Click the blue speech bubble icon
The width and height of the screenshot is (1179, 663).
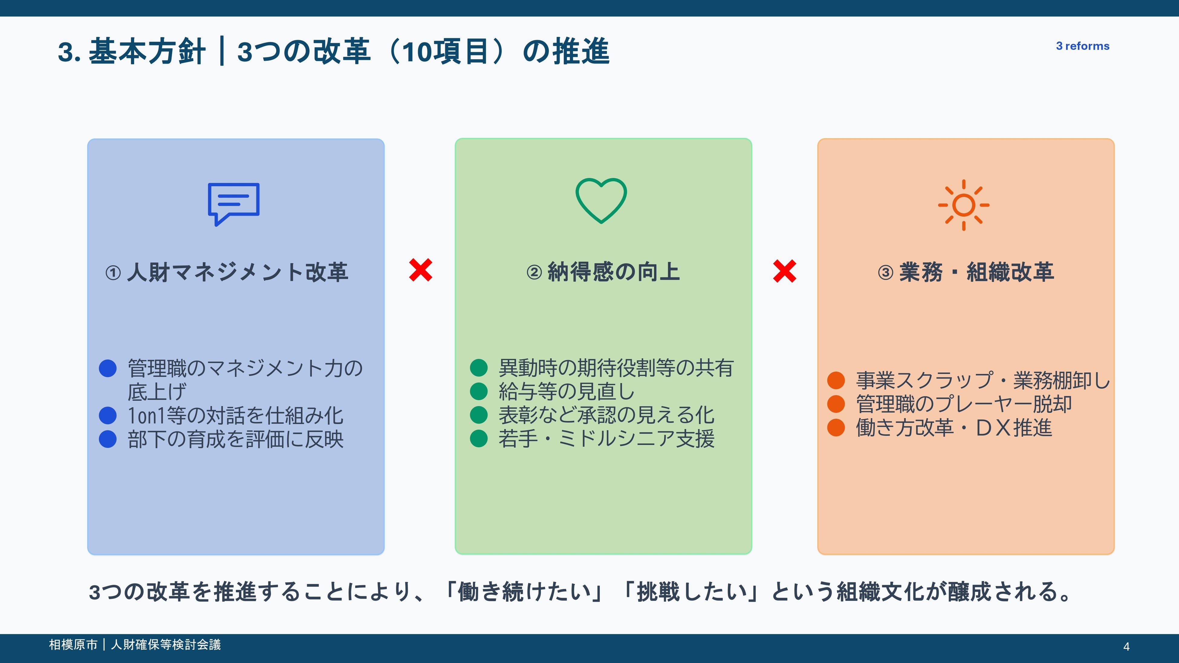[x=233, y=203]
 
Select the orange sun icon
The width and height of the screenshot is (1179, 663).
[x=963, y=205]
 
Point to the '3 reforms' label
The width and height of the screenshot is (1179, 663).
[x=1083, y=46]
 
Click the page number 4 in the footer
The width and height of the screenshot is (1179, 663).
[x=1126, y=646]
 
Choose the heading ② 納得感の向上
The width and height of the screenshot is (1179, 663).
[x=603, y=272]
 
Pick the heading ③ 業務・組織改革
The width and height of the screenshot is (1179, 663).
[x=966, y=272]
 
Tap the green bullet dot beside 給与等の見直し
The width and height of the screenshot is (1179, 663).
[x=479, y=391]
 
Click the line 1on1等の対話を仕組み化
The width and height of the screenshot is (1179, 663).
[x=235, y=416]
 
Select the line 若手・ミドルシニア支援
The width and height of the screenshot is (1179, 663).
[x=606, y=438]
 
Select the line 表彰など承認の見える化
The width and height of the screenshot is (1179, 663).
[x=606, y=415]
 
